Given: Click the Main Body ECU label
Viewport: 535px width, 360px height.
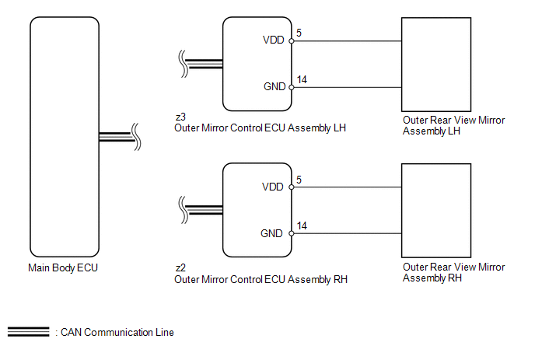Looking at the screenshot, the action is (63, 268).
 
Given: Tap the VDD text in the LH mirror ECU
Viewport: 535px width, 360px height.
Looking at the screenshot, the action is (273, 40).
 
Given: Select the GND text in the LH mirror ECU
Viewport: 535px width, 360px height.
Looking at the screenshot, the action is (274, 86).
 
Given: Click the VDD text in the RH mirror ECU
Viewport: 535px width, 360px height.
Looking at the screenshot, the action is (273, 187).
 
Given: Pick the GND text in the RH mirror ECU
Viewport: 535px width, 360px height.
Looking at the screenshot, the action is (271, 234).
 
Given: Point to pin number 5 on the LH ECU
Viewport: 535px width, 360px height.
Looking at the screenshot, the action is (299, 33).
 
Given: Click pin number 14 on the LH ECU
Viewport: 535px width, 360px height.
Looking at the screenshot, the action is (302, 80).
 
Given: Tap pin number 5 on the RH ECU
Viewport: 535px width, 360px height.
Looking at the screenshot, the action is (299, 180).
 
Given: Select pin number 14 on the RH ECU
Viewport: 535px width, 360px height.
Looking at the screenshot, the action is (302, 226).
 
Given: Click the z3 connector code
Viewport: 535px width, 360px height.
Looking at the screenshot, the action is (180, 117).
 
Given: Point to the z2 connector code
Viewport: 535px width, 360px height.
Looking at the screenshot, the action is (180, 268).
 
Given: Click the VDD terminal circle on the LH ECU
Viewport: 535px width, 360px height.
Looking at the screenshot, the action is (292, 41).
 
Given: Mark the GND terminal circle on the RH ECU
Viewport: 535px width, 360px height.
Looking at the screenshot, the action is (292, 233).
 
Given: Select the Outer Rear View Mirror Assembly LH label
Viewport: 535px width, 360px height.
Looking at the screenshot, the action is (453, 126).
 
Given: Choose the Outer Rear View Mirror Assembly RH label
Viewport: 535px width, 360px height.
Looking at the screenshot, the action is (453, 272).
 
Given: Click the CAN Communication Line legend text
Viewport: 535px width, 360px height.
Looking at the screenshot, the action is (117, 332).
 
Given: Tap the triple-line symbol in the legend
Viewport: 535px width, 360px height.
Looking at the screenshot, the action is (28, 332).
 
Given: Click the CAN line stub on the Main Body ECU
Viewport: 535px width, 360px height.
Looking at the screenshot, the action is (116, 137).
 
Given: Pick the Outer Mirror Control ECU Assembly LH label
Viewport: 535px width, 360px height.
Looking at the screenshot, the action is (260, 128).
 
